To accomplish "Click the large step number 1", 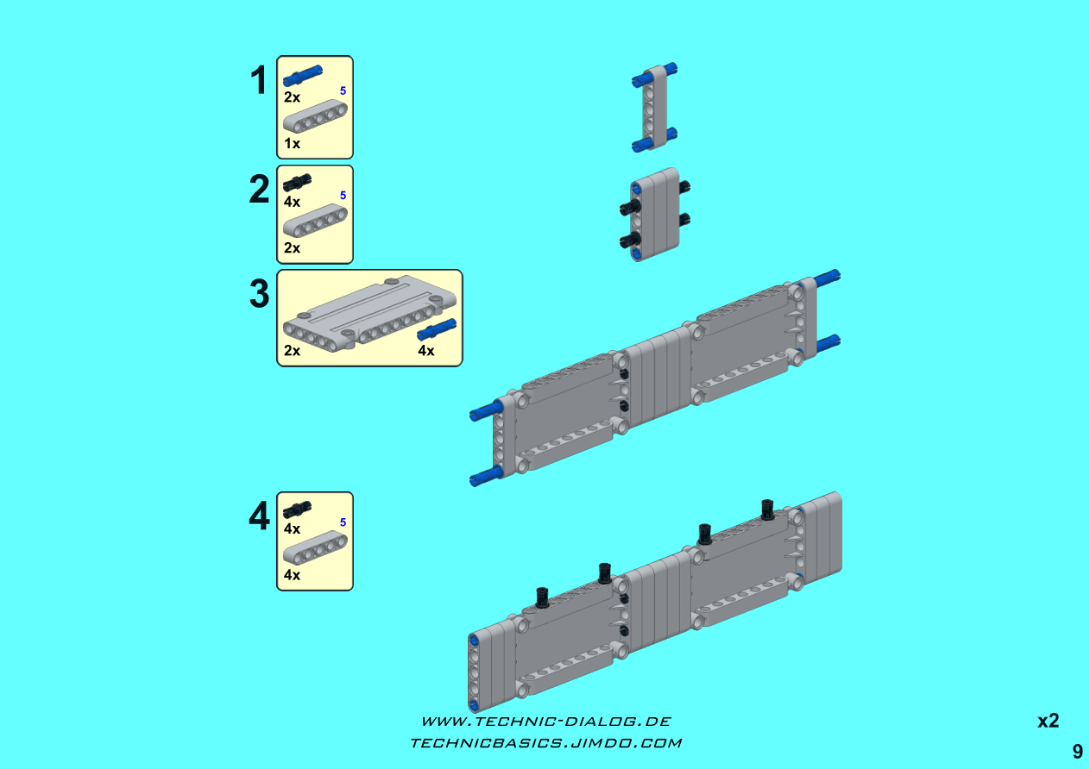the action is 258,80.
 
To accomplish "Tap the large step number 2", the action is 259,189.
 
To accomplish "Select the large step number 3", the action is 259,294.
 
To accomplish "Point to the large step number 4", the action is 259,516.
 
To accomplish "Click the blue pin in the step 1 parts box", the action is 303,76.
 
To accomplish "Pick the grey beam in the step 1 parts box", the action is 315,116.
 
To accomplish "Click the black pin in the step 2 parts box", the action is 298,182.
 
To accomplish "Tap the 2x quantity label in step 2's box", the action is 292,248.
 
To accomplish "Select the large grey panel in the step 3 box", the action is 370,312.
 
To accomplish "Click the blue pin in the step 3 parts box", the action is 437,329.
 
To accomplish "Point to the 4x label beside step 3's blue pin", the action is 425,351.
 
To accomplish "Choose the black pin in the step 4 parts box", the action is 298,509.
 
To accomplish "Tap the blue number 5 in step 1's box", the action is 343,91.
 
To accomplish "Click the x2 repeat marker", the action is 1049,721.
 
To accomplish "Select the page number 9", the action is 1078,752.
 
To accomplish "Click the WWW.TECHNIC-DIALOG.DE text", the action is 546,722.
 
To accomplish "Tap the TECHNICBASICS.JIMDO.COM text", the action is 546,743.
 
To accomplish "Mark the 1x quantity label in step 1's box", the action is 292,143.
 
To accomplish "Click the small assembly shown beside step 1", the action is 654,108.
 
